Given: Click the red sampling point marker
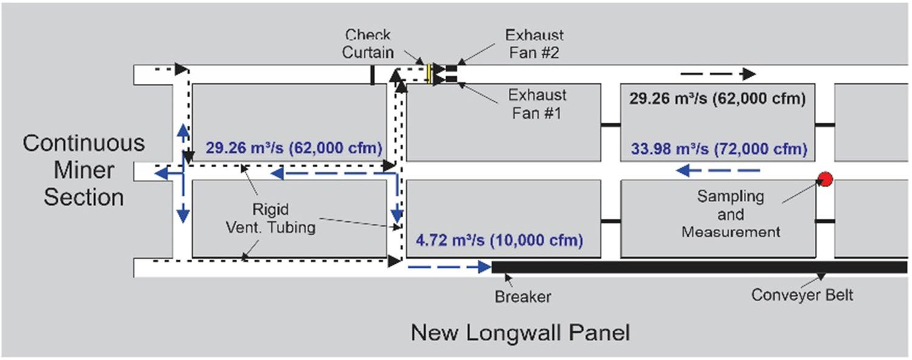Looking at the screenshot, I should click(824, 178).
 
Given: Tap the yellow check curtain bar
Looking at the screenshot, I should click(429, 74).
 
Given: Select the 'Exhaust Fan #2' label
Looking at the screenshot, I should click(534, 44).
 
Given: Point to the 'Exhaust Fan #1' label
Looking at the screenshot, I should click(537, 104).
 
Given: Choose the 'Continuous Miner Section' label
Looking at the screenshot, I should click(84, 170).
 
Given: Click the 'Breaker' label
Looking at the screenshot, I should click(522, 297).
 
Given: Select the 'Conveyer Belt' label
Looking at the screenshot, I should click(802, 296).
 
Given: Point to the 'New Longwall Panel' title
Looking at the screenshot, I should click(520, 333).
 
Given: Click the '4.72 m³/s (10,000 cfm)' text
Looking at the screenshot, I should click(499, 241).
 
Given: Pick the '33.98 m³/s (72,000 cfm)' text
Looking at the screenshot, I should click(719, 149).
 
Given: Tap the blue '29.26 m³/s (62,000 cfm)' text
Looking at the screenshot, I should click(294, 148).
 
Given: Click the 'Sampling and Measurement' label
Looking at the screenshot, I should click(730, 214).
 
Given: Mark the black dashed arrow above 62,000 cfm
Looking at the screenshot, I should click(717, 74).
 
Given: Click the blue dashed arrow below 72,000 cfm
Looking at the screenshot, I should click(717, 171).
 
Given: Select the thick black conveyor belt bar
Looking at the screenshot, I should click(699, 267).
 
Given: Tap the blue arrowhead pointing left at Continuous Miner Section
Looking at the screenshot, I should click(162, 174).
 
